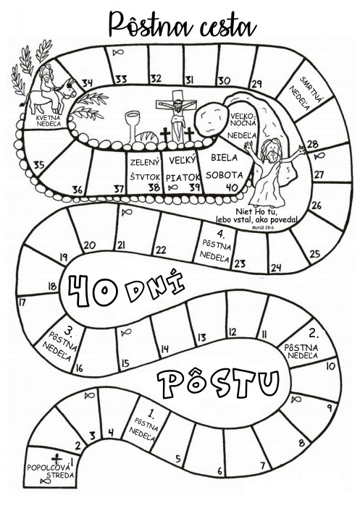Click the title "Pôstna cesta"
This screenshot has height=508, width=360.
pos(183,25)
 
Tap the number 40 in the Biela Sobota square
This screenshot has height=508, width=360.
pos(232,187)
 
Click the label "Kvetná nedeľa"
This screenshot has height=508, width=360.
pos(49,120)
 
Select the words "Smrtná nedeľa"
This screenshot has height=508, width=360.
pos(305,93)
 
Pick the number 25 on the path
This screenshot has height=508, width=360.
pos(314,254)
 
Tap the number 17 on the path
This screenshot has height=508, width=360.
pos(22,302)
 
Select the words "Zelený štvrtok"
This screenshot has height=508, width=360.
pos(146,169)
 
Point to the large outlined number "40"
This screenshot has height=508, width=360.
pos(93,290)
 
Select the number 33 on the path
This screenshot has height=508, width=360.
pos(121,79)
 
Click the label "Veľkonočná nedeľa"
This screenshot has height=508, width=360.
pos(244,125)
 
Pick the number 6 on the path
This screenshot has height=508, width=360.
pos(219,470)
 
